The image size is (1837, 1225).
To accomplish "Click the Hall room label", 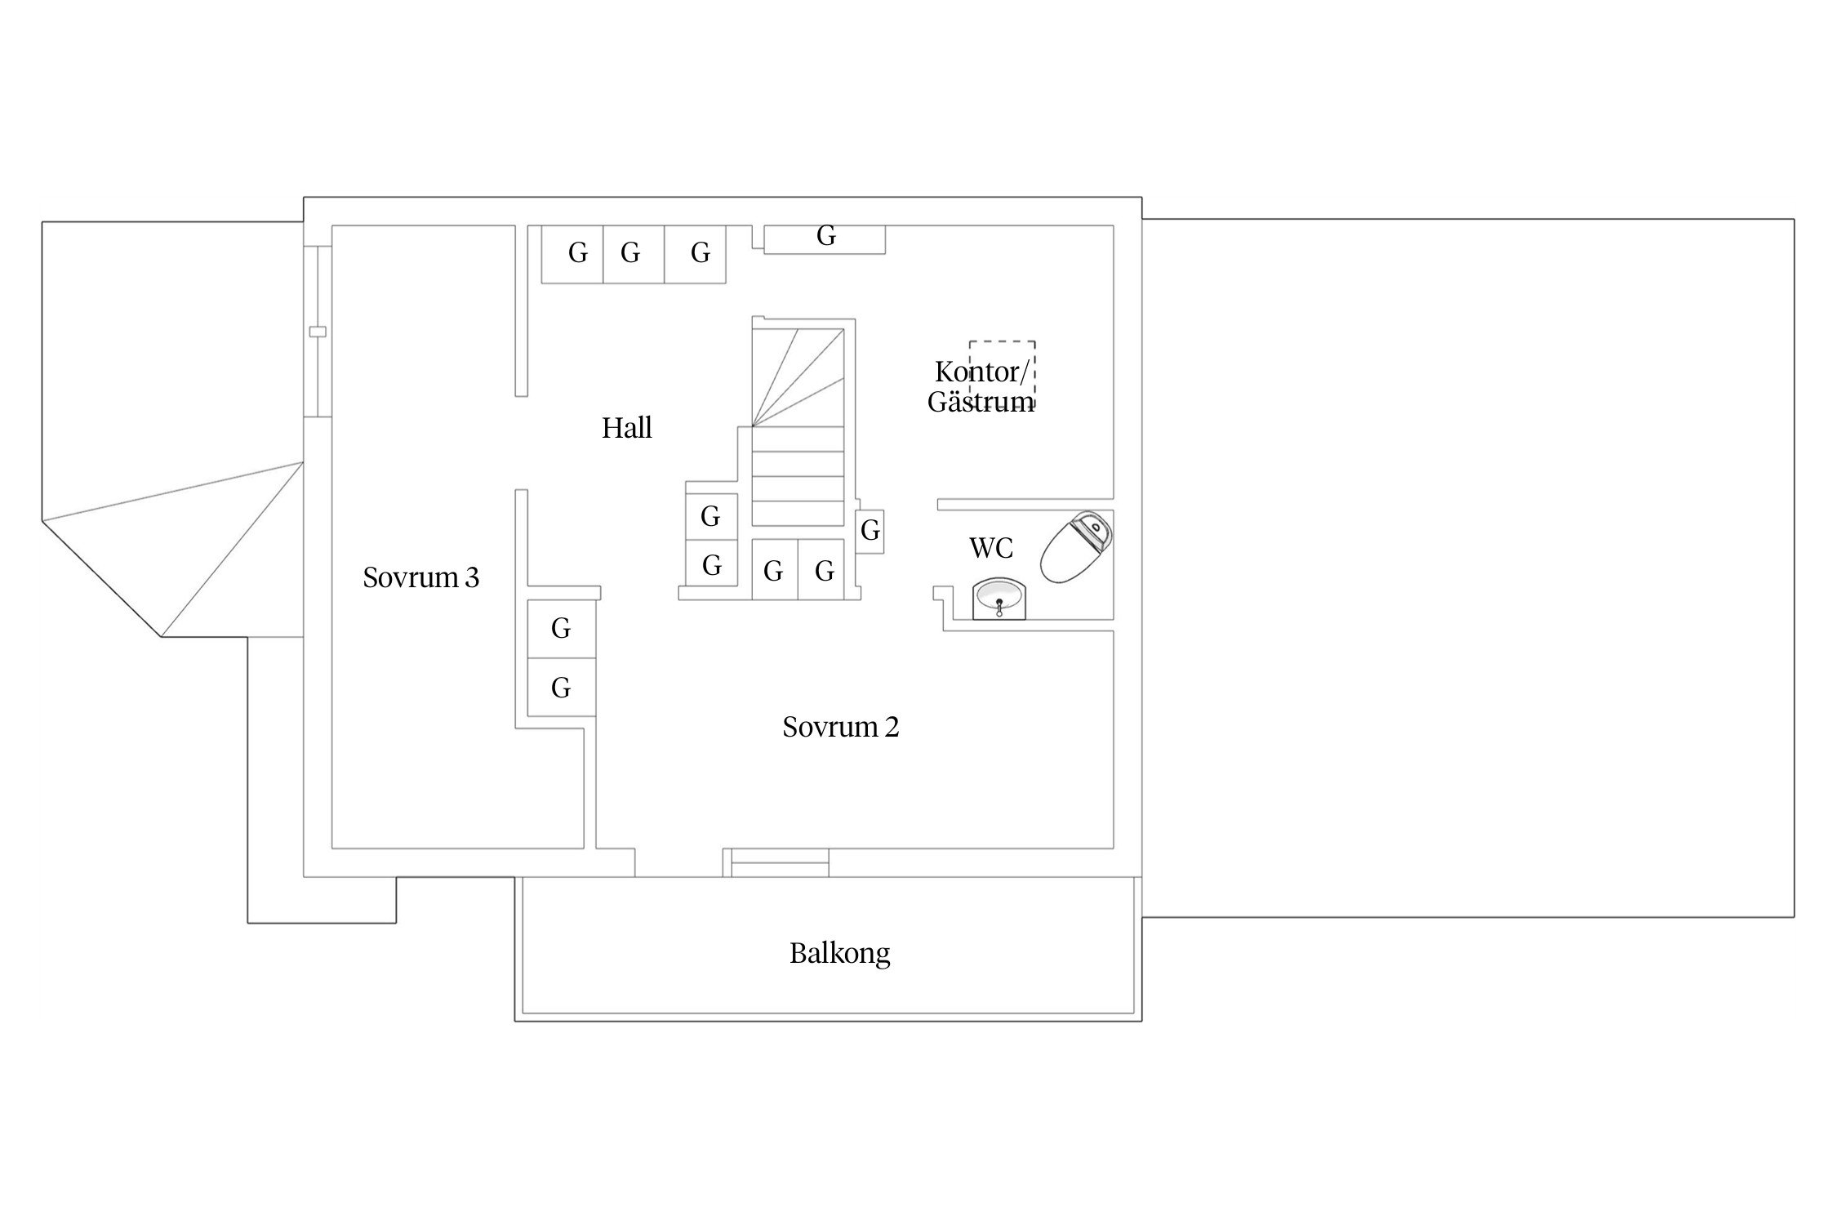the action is tap(627, 428).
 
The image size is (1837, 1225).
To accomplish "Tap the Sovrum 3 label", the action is tap(420, 577).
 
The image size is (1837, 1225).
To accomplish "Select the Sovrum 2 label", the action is tap(840, 727).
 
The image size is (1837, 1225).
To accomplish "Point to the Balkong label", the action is tap(839, 953).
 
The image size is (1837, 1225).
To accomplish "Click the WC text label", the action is tap(991, 548).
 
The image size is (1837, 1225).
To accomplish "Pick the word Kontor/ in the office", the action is tap(981, 372).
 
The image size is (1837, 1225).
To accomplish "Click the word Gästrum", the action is tap(981, 402).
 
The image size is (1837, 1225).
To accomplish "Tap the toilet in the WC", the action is tap(1077, 546).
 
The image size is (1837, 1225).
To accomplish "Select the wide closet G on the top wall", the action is tap(825, 239).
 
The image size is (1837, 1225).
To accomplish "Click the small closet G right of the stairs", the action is tap(870, 531).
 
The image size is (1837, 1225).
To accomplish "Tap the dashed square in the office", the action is tap(1003, 374).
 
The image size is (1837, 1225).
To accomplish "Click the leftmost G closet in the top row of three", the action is tap(573, 254).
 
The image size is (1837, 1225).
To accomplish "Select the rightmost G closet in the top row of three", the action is tap(696, 254).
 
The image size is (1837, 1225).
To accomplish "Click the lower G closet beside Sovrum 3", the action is tap(561, 688).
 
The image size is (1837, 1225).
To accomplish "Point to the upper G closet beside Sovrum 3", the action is tap(561, 629).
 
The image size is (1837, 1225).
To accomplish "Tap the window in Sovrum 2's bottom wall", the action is tap(780, 862).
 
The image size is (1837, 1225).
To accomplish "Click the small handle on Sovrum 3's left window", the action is tap(318, 332).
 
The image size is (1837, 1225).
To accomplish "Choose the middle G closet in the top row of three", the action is tap(634, 254).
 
